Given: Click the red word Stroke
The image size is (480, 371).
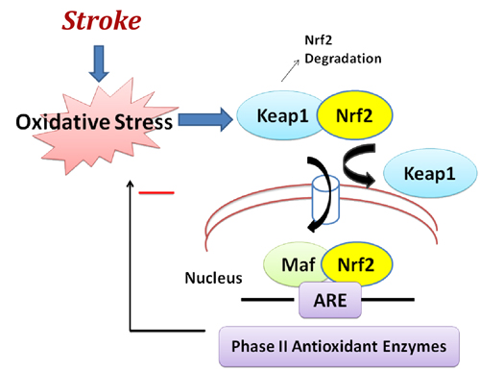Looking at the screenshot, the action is [x=102, y=21].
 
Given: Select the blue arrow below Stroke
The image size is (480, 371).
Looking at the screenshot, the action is [x=99, y=63].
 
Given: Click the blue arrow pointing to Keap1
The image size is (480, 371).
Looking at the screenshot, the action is [x=205, y=120].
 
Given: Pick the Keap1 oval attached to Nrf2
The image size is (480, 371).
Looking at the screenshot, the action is [x=278, y=115].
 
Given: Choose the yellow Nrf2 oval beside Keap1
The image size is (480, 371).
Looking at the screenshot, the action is [x=354, y=115].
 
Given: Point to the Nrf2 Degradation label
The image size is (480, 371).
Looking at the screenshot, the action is [x=343, y=50].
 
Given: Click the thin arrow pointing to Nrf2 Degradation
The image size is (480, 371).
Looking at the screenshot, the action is [x=290, y=70].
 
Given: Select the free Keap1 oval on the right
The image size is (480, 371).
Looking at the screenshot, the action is [x=430, y=173].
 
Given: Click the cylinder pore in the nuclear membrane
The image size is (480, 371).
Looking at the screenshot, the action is [x=325, y=200].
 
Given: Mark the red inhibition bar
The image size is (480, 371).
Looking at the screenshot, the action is [x=156, y=193].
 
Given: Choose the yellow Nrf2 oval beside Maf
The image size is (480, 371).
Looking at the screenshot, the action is [x=356, y=264].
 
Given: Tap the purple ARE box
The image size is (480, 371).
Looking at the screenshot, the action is [x=330, y=300].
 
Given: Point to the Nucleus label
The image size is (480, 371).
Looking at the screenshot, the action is [x=213, y=278].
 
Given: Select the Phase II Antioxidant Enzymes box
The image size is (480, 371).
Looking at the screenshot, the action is [x=339, y=346].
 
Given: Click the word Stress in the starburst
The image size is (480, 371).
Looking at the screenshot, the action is [x=144, y=122].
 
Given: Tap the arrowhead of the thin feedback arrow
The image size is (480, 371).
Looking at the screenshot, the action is [x=130, y=184].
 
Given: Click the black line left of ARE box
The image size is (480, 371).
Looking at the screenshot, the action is [x=268, y=300].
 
